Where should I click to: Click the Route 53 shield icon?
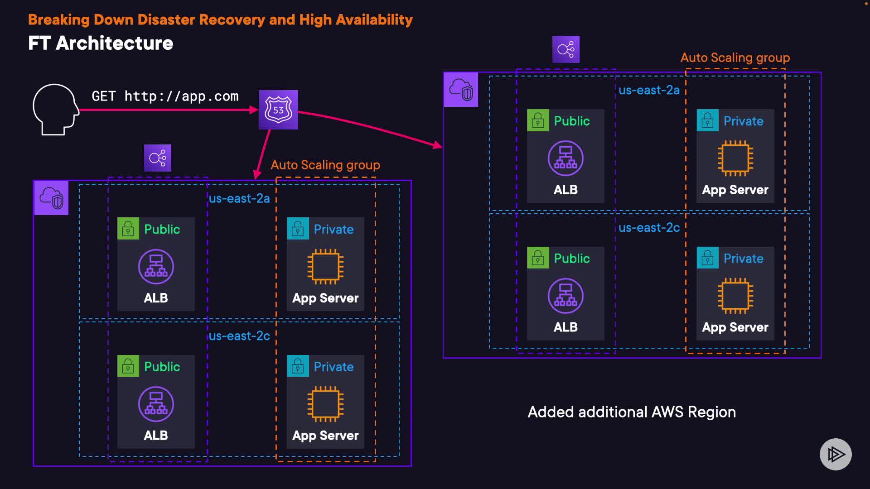pyautogui.click(x=278, y=110)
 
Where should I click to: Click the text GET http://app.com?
pyautogui.click(x=165, y=96)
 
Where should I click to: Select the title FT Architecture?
pyautogui.click(x=101, y=43)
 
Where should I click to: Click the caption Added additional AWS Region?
pyautogui.click(x=632, y=412)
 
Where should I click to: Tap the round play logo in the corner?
pyautogui.click(x=836, y=454)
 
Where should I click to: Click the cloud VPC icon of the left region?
pyautogui.click(x=52, y=198)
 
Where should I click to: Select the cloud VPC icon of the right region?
pyautogui.click(x=461, y=90)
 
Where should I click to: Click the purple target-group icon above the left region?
pyautogui.click(x=158, y=158)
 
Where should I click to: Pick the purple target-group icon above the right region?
pyautogui.click(x=565, y=49)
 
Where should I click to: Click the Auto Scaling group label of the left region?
pyautogui.click(x=325, y=165)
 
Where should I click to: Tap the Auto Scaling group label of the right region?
pyautogui.click(x=735, y=58)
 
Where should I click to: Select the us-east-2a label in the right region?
pyautogui.click(x=649, y=91)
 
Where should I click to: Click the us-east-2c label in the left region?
pyautogui.click(x=239, y=336)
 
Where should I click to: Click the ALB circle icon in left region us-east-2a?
pyautogui.click(x=156, y=267)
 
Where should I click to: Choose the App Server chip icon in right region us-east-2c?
pyautogui.click(x=735, y=296)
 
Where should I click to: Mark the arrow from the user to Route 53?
pyautogui.click(x=168, y=110)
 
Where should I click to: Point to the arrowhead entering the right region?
pyautogui.click(x=437, y=145)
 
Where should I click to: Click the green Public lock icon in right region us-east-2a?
pyautogui.click(x=538, y=120)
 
